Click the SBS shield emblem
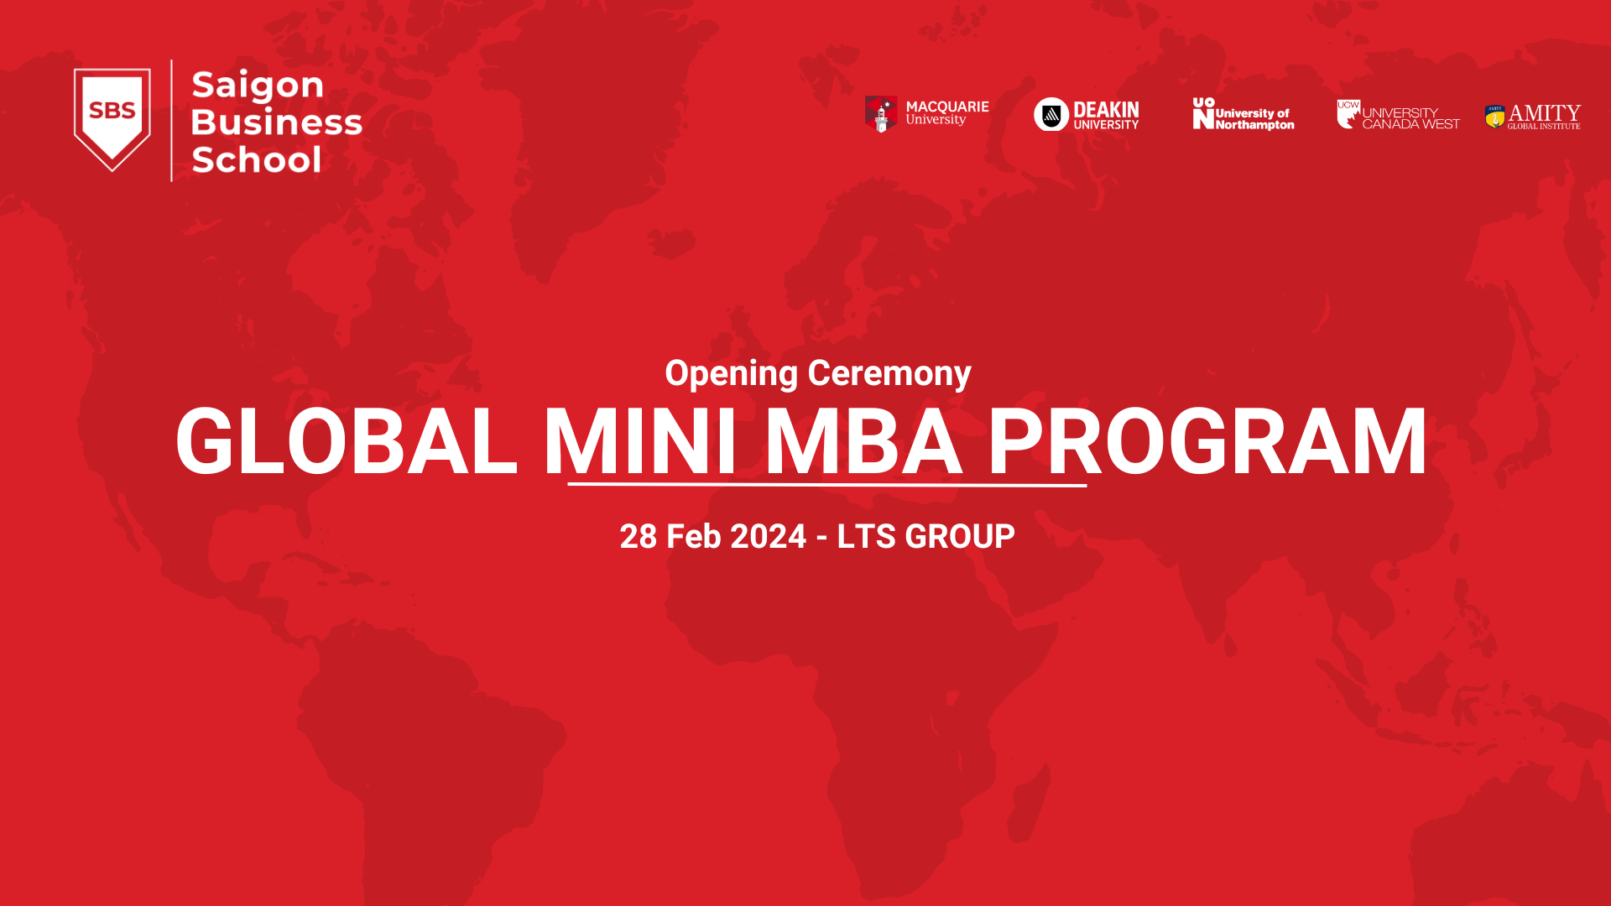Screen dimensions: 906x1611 pos(112,118)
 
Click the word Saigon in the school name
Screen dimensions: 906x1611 pos(258,86)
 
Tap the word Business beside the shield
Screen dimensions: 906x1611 pos(276,122)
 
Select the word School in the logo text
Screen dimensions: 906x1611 pos(256,159)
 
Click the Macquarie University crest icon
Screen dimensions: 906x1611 pos(881,113)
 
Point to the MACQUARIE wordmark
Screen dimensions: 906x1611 pos(947,107)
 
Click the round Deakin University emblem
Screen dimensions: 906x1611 pos(1051,114)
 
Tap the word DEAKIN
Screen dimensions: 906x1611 pos(1106,110)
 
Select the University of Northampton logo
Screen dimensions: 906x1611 pos(1243,114)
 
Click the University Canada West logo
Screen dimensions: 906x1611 pos(1398,115)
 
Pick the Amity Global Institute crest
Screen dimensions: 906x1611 pos(1494,116)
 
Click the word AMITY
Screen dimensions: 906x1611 pos(1544,112)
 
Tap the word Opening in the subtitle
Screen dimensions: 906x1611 pos(731,374)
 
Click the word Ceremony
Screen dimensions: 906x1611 pos(889,373)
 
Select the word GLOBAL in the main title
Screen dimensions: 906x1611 pos(347,442)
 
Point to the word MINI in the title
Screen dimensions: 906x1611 pos(640,442)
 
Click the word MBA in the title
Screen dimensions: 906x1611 pos(863,442)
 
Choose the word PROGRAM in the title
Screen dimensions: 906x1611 pos(1207,442)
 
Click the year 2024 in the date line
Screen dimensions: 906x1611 pos(768,537)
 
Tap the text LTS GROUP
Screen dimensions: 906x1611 pos(925,537)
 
